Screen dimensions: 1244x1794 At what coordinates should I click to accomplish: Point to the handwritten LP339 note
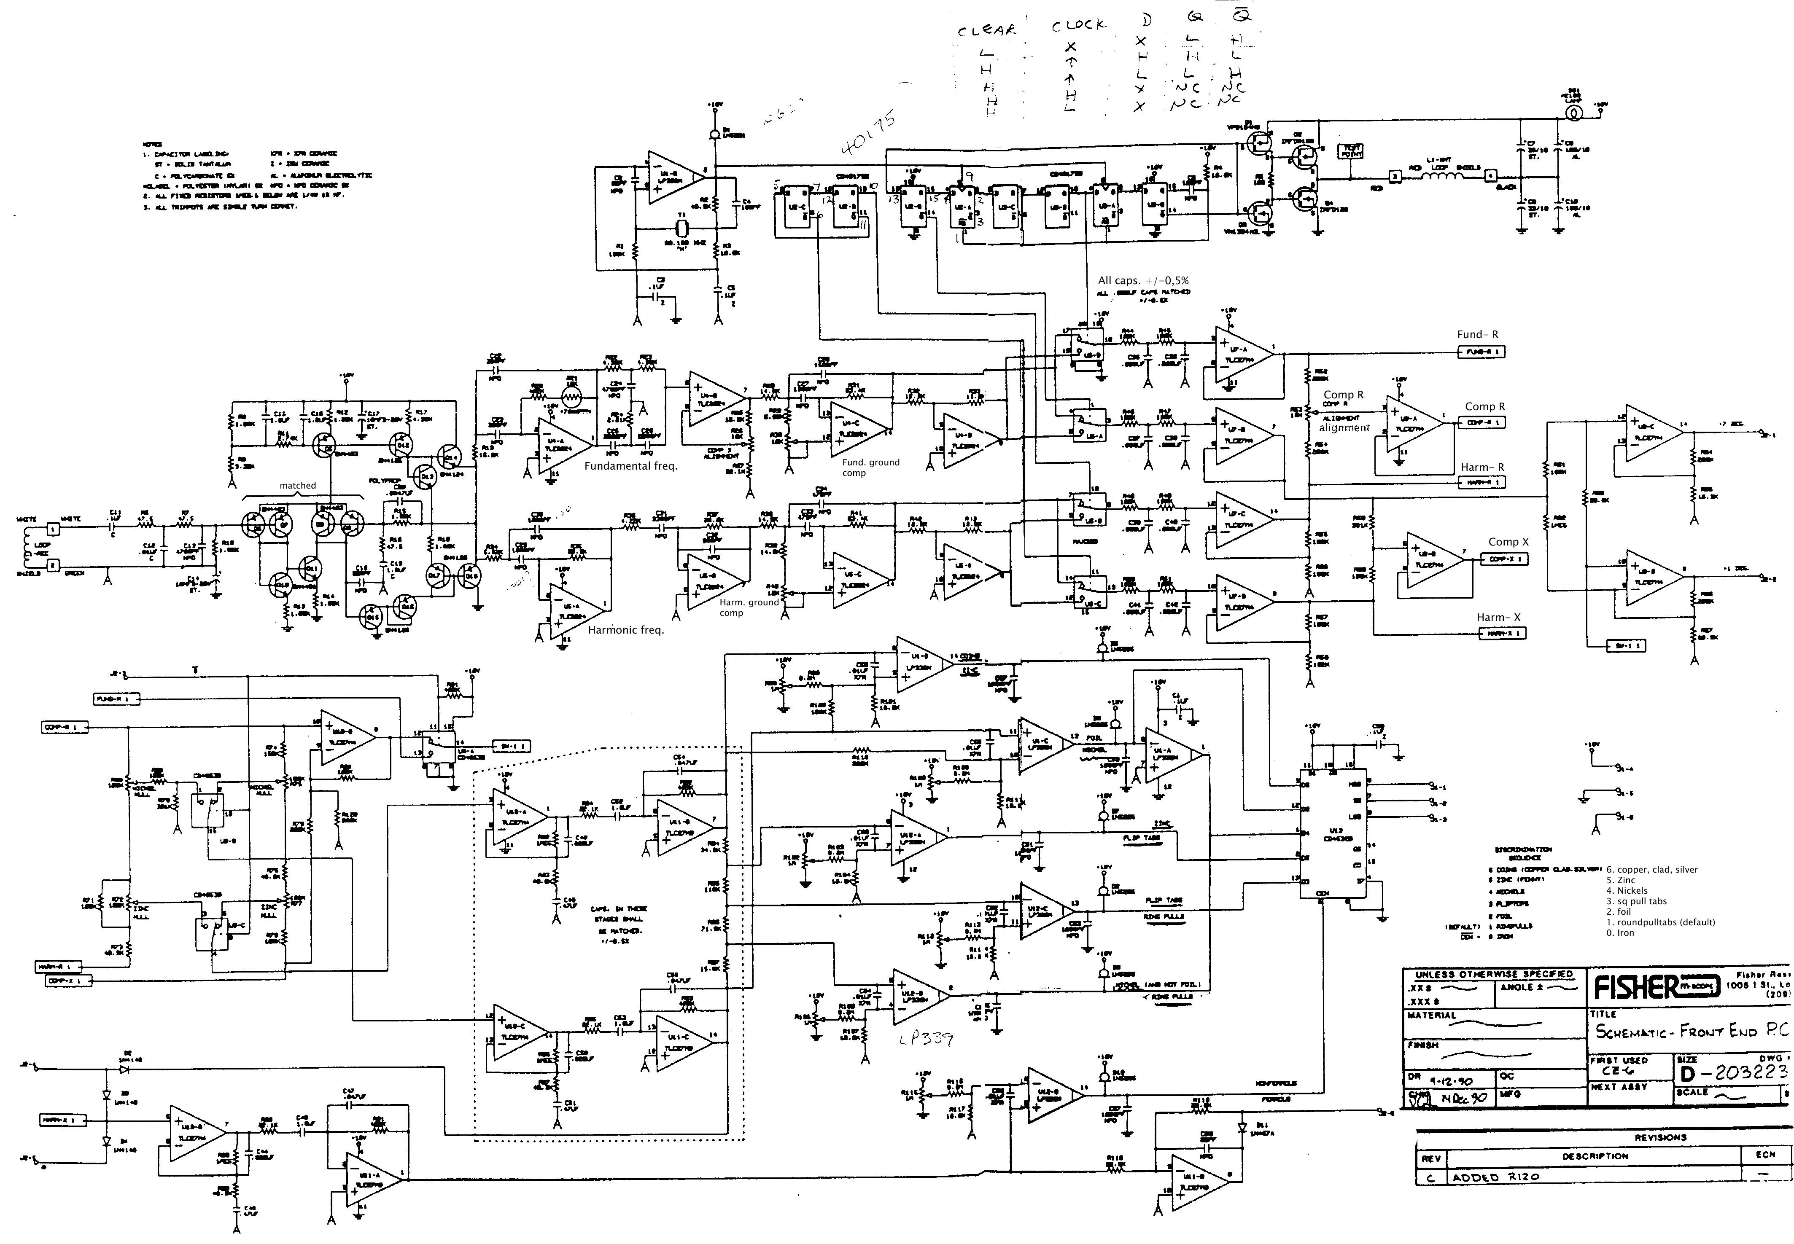(925, 1040)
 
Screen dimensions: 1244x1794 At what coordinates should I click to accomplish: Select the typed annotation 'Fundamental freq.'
(631, 466)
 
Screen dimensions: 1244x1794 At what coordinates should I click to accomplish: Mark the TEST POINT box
(1351, 151)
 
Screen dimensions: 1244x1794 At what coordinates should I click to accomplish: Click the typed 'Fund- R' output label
(1477, 334)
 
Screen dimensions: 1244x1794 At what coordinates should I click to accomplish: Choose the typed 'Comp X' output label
(1508, 542)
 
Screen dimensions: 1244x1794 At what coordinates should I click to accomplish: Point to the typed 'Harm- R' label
(1482, 467)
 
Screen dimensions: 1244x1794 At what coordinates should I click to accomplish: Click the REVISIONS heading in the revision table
(1661, 1137)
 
